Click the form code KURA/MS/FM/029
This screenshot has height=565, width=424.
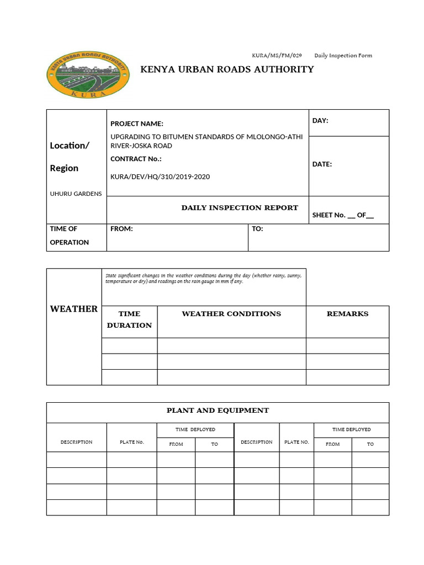277,55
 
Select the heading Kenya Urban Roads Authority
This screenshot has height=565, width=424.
227,70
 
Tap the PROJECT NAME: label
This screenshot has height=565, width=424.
137,124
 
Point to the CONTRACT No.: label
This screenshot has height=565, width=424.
137,159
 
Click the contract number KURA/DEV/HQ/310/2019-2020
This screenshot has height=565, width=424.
160,177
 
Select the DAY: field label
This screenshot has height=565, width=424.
320,121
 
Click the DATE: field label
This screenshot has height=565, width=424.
322,164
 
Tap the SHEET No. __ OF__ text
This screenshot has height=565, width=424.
343,215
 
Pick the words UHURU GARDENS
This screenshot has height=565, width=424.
76,194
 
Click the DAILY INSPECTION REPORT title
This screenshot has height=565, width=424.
240,208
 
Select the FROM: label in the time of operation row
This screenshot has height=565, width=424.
121,229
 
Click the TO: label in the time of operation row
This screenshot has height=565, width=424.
257,229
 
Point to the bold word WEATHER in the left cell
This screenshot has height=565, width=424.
74,309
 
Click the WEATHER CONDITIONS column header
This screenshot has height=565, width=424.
231,314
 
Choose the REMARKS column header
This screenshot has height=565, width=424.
347,314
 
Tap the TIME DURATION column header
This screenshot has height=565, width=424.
129,319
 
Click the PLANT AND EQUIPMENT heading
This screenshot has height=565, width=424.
218,411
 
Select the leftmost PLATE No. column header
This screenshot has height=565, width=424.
131,443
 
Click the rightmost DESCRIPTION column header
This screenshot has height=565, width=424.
256,442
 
